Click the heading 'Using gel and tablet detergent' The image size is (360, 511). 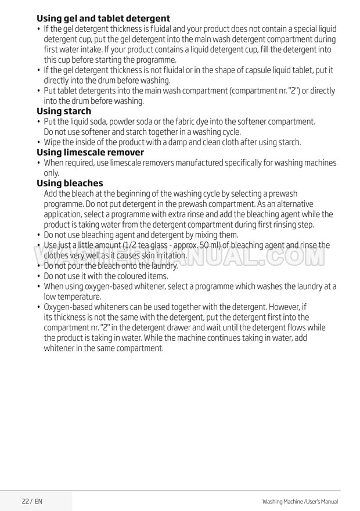click(103, 19)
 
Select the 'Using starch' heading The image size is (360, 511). click(64, 111)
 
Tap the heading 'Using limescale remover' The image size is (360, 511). click(90, 153)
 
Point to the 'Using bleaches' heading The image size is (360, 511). click(70, 183)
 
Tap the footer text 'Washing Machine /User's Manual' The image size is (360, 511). click(300, 501)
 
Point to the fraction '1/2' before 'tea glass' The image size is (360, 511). click(127, 245)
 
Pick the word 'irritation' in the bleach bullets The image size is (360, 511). click(168, 255)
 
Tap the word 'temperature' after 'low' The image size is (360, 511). click(82, 297)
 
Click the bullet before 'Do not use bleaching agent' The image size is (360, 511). click(38, 235)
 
